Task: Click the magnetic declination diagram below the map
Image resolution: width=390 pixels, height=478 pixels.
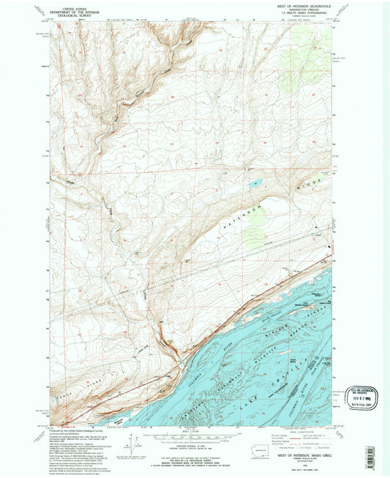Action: click(x=131, y=445)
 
